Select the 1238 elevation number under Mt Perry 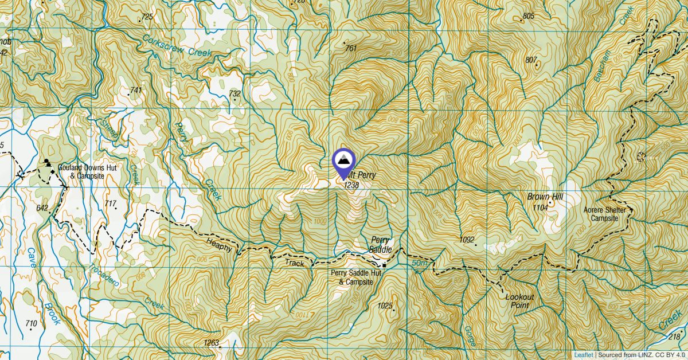coord(351,185)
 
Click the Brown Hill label coord(545,197)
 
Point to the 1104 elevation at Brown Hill coord(540,207)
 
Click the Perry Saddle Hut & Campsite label coord(356,277)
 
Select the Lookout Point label coord(519,302)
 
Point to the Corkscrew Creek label coord(177,45)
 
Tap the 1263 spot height coord(211,343)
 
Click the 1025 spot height coord(385,306)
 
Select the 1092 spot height coord(468,238)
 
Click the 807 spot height coord(531,60)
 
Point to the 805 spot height coord(528,16)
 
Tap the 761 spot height coord(351,48)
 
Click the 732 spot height coord(234,93)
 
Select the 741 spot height coord(136,90)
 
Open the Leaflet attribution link coord(584,355)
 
